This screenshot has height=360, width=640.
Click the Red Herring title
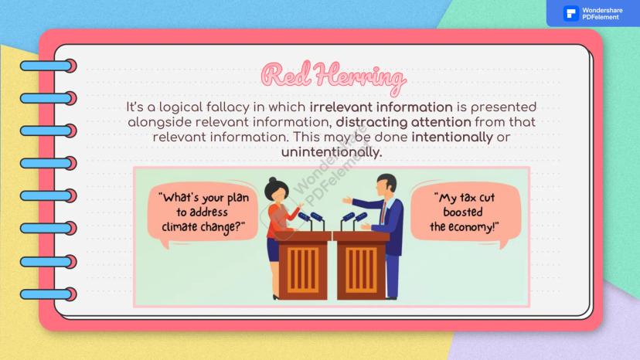click(x=333, y=76)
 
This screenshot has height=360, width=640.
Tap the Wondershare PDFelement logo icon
click(x=570, y=13)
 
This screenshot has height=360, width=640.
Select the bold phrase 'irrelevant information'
click(x=381, y=107)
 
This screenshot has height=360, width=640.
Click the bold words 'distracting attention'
click(x=403, y=122)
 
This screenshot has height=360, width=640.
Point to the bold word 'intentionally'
click(x=452, y=138)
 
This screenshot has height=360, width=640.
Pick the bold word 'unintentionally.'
click(x=332, y=152)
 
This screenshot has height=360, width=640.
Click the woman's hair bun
click(x=273, y=180)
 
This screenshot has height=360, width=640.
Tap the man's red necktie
click(x=383, y=212)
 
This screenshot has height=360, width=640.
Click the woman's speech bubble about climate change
click(x=203, y=213)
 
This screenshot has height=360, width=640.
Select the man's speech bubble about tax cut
click(x=465, y=213)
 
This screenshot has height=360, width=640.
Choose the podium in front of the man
click(x=361, y=265)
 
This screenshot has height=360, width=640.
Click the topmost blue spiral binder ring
click(x=48, y=66)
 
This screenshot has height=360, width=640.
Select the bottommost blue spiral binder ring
click(x=48, y=294)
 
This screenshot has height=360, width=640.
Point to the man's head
click(x=386, y=185)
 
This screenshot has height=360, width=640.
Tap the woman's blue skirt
click(x=273, y=250)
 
